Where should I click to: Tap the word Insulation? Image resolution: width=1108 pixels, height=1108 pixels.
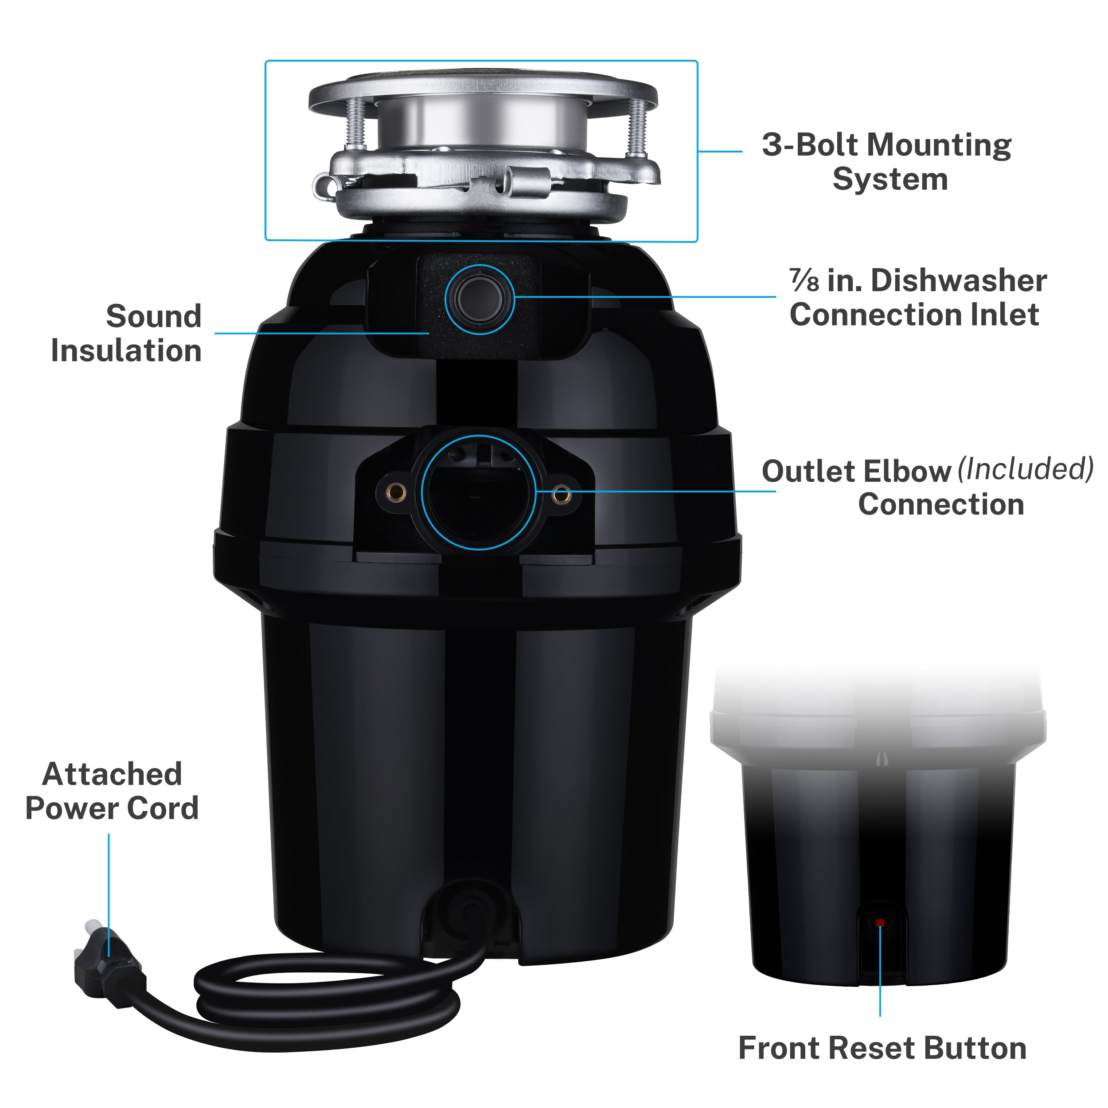coord(126,351)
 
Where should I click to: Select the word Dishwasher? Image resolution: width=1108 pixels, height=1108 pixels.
coord(958,281)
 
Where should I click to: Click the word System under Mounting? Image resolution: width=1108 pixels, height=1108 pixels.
coord(890,179)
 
